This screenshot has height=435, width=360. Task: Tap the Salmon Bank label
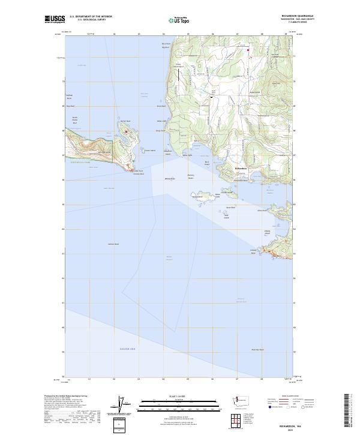tap(113, 244)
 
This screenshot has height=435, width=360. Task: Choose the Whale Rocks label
tap(170, 178)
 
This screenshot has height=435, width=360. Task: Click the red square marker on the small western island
tap(127, 131)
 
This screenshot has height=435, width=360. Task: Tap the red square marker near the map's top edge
tap(248, 50)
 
